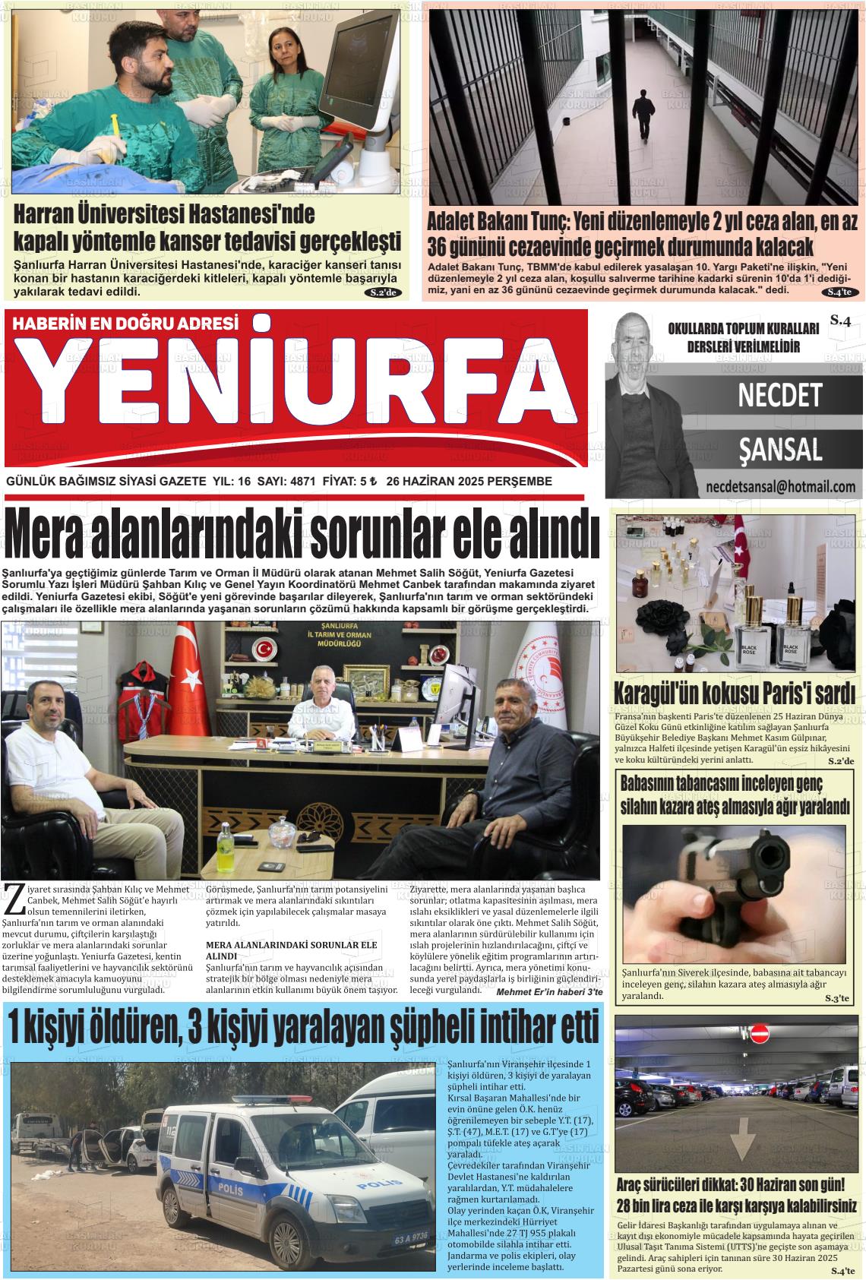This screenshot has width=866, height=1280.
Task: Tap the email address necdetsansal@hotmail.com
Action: (780, 487)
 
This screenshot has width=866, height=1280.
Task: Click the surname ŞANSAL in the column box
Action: (780, 450)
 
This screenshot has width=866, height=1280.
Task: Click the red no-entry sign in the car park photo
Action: (760, 1034)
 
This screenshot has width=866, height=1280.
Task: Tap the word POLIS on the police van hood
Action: (380, 1184)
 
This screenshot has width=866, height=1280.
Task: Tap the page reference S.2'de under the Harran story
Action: (382, 293)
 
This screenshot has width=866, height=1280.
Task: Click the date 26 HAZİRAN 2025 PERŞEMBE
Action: (469, 482)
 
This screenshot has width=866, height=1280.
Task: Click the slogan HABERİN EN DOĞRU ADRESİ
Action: (125, 323)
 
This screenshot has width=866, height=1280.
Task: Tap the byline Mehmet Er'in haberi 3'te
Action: (548, 992)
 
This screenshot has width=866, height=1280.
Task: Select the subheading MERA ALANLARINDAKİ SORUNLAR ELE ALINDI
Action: (292, 949)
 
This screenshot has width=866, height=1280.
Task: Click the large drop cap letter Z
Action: (13, 899)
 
